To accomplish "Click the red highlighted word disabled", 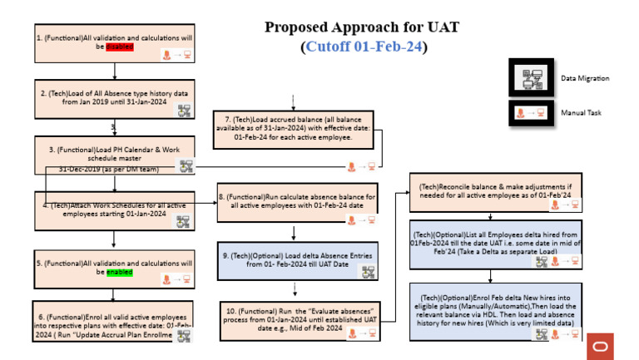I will pyautogui.click(x=119, y=47).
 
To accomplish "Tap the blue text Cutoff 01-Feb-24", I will pyautogui.click(x=364, y=47).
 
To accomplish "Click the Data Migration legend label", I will pyautogui.click(x=586, y=78).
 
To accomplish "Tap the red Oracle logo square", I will pyautogui.click(x=599, y=345).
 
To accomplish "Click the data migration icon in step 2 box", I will pyautogui.click(x=183, y=110).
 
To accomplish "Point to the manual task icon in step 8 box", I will pyautogui.click(x=361, y=220).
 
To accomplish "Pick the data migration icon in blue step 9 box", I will pyautogui.click(x=367, y=272).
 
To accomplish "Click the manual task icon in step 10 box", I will pyautogui.click(x=361, y=333).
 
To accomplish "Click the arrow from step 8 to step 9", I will pyautogui.click(x=293, y=232).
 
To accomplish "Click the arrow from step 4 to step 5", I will pyautogui.click(x=114, y=239).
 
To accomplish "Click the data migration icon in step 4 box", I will pyautogui.click(x=183, y=221).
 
